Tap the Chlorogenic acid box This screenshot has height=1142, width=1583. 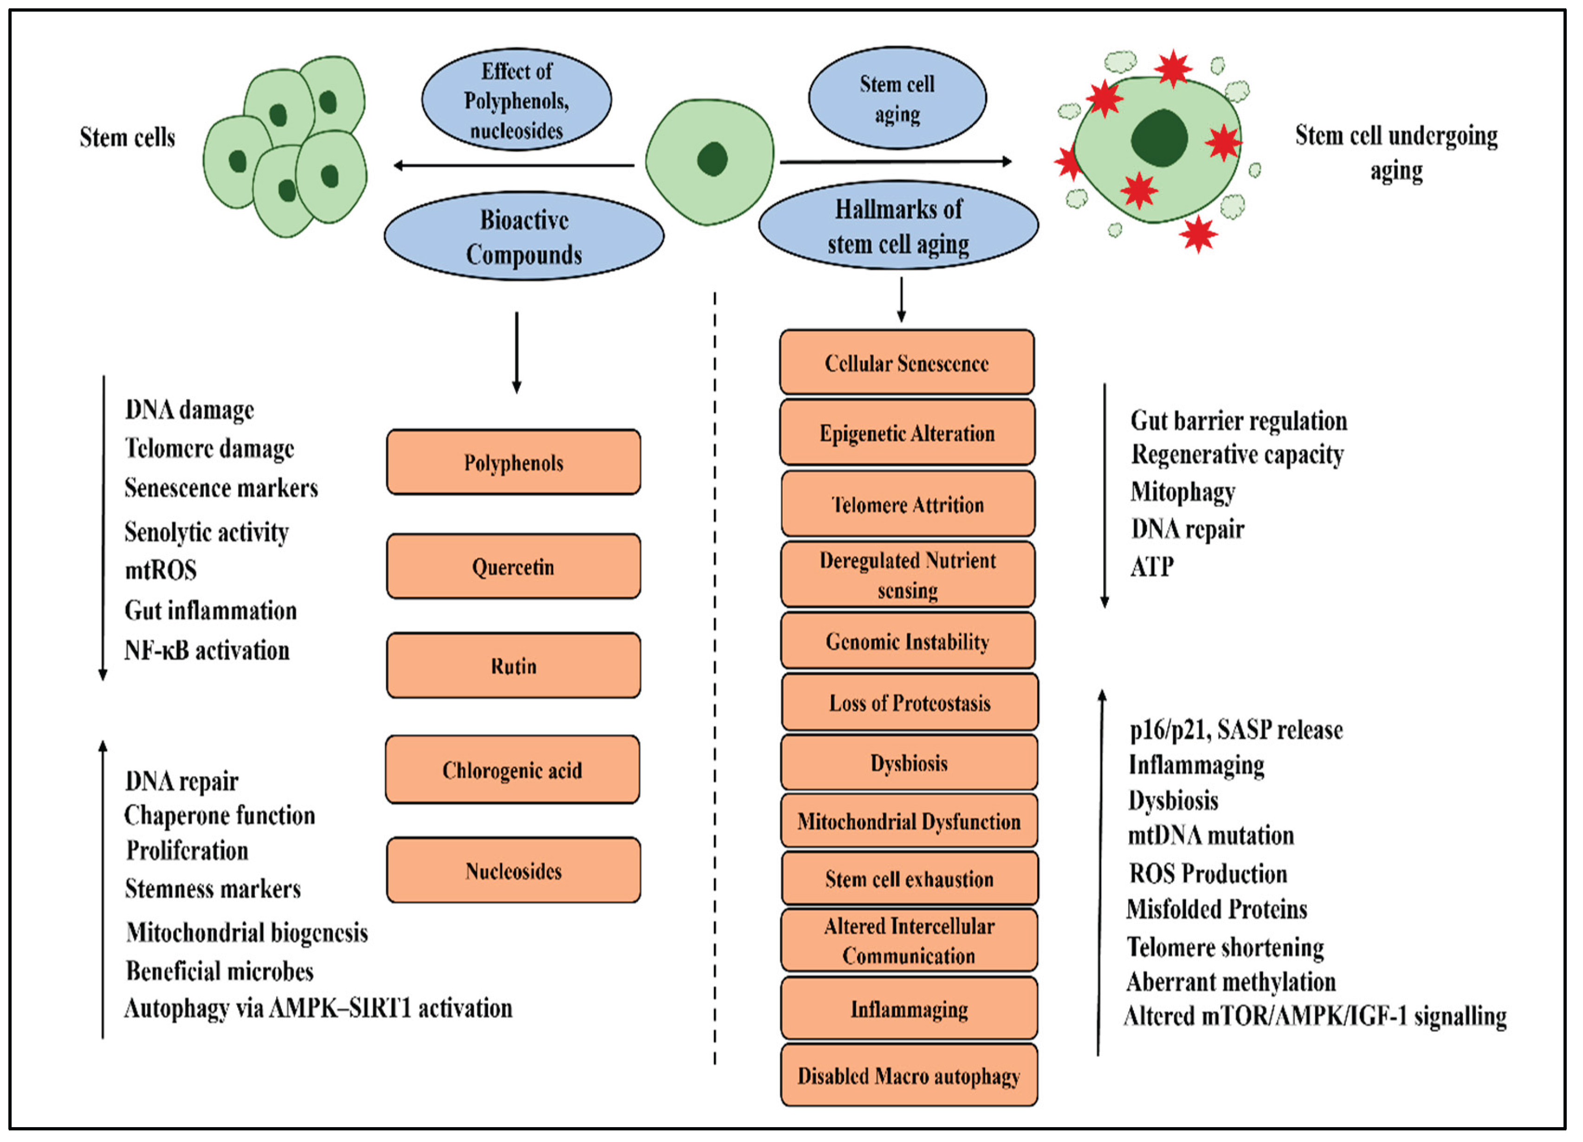[x=512, y=769]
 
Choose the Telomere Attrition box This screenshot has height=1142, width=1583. [x=907, y=504]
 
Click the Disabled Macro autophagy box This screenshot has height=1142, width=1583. [x=909, y=1076]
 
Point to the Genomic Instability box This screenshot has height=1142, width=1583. [x=907, y=641]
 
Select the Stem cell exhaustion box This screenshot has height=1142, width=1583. [x=909, y=878]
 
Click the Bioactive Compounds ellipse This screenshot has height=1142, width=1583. [x=523, y=237]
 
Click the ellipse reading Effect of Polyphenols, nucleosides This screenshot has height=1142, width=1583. [x=517, y=100]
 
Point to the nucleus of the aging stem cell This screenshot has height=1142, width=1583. [x=1159, y=138]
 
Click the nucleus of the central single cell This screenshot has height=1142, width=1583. [x=712, y=159]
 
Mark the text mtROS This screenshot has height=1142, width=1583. [x=161, y=570]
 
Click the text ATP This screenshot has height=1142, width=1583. [x=1151, y=566]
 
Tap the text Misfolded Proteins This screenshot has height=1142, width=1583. [x=1217, y=909]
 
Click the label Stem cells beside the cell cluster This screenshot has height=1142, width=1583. [x=127, y=137]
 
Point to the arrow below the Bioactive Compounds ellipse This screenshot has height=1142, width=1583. [x=517, y=352]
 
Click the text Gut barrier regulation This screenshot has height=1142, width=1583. [x=1238, y=421]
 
